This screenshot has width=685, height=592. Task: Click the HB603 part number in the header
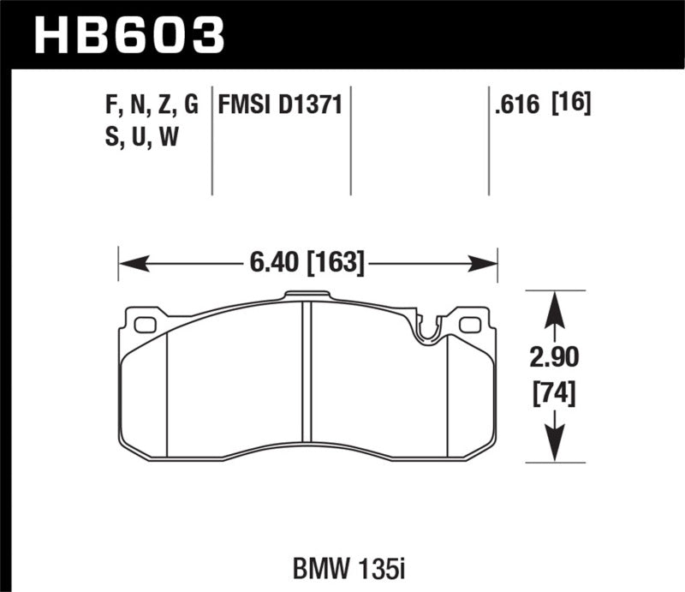pyautogui.click(x=128, y=35)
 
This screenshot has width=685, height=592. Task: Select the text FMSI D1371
pyautogui.click(x=281, y=105)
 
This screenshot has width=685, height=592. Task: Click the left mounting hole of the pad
pyautogui.click(x=146, y=325)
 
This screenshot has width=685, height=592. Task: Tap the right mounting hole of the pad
pyautogui.click(x=470, y=325)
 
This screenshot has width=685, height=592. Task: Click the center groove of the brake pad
pyautogui.click(x=307, y=377)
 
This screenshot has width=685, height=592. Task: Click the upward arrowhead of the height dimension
pyautogui.click(x=555, y=302)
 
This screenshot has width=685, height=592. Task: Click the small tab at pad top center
pyautogui.click(x=307, y=297)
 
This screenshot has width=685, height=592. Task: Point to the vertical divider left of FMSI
pyautogui.click(x=211, y=141)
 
